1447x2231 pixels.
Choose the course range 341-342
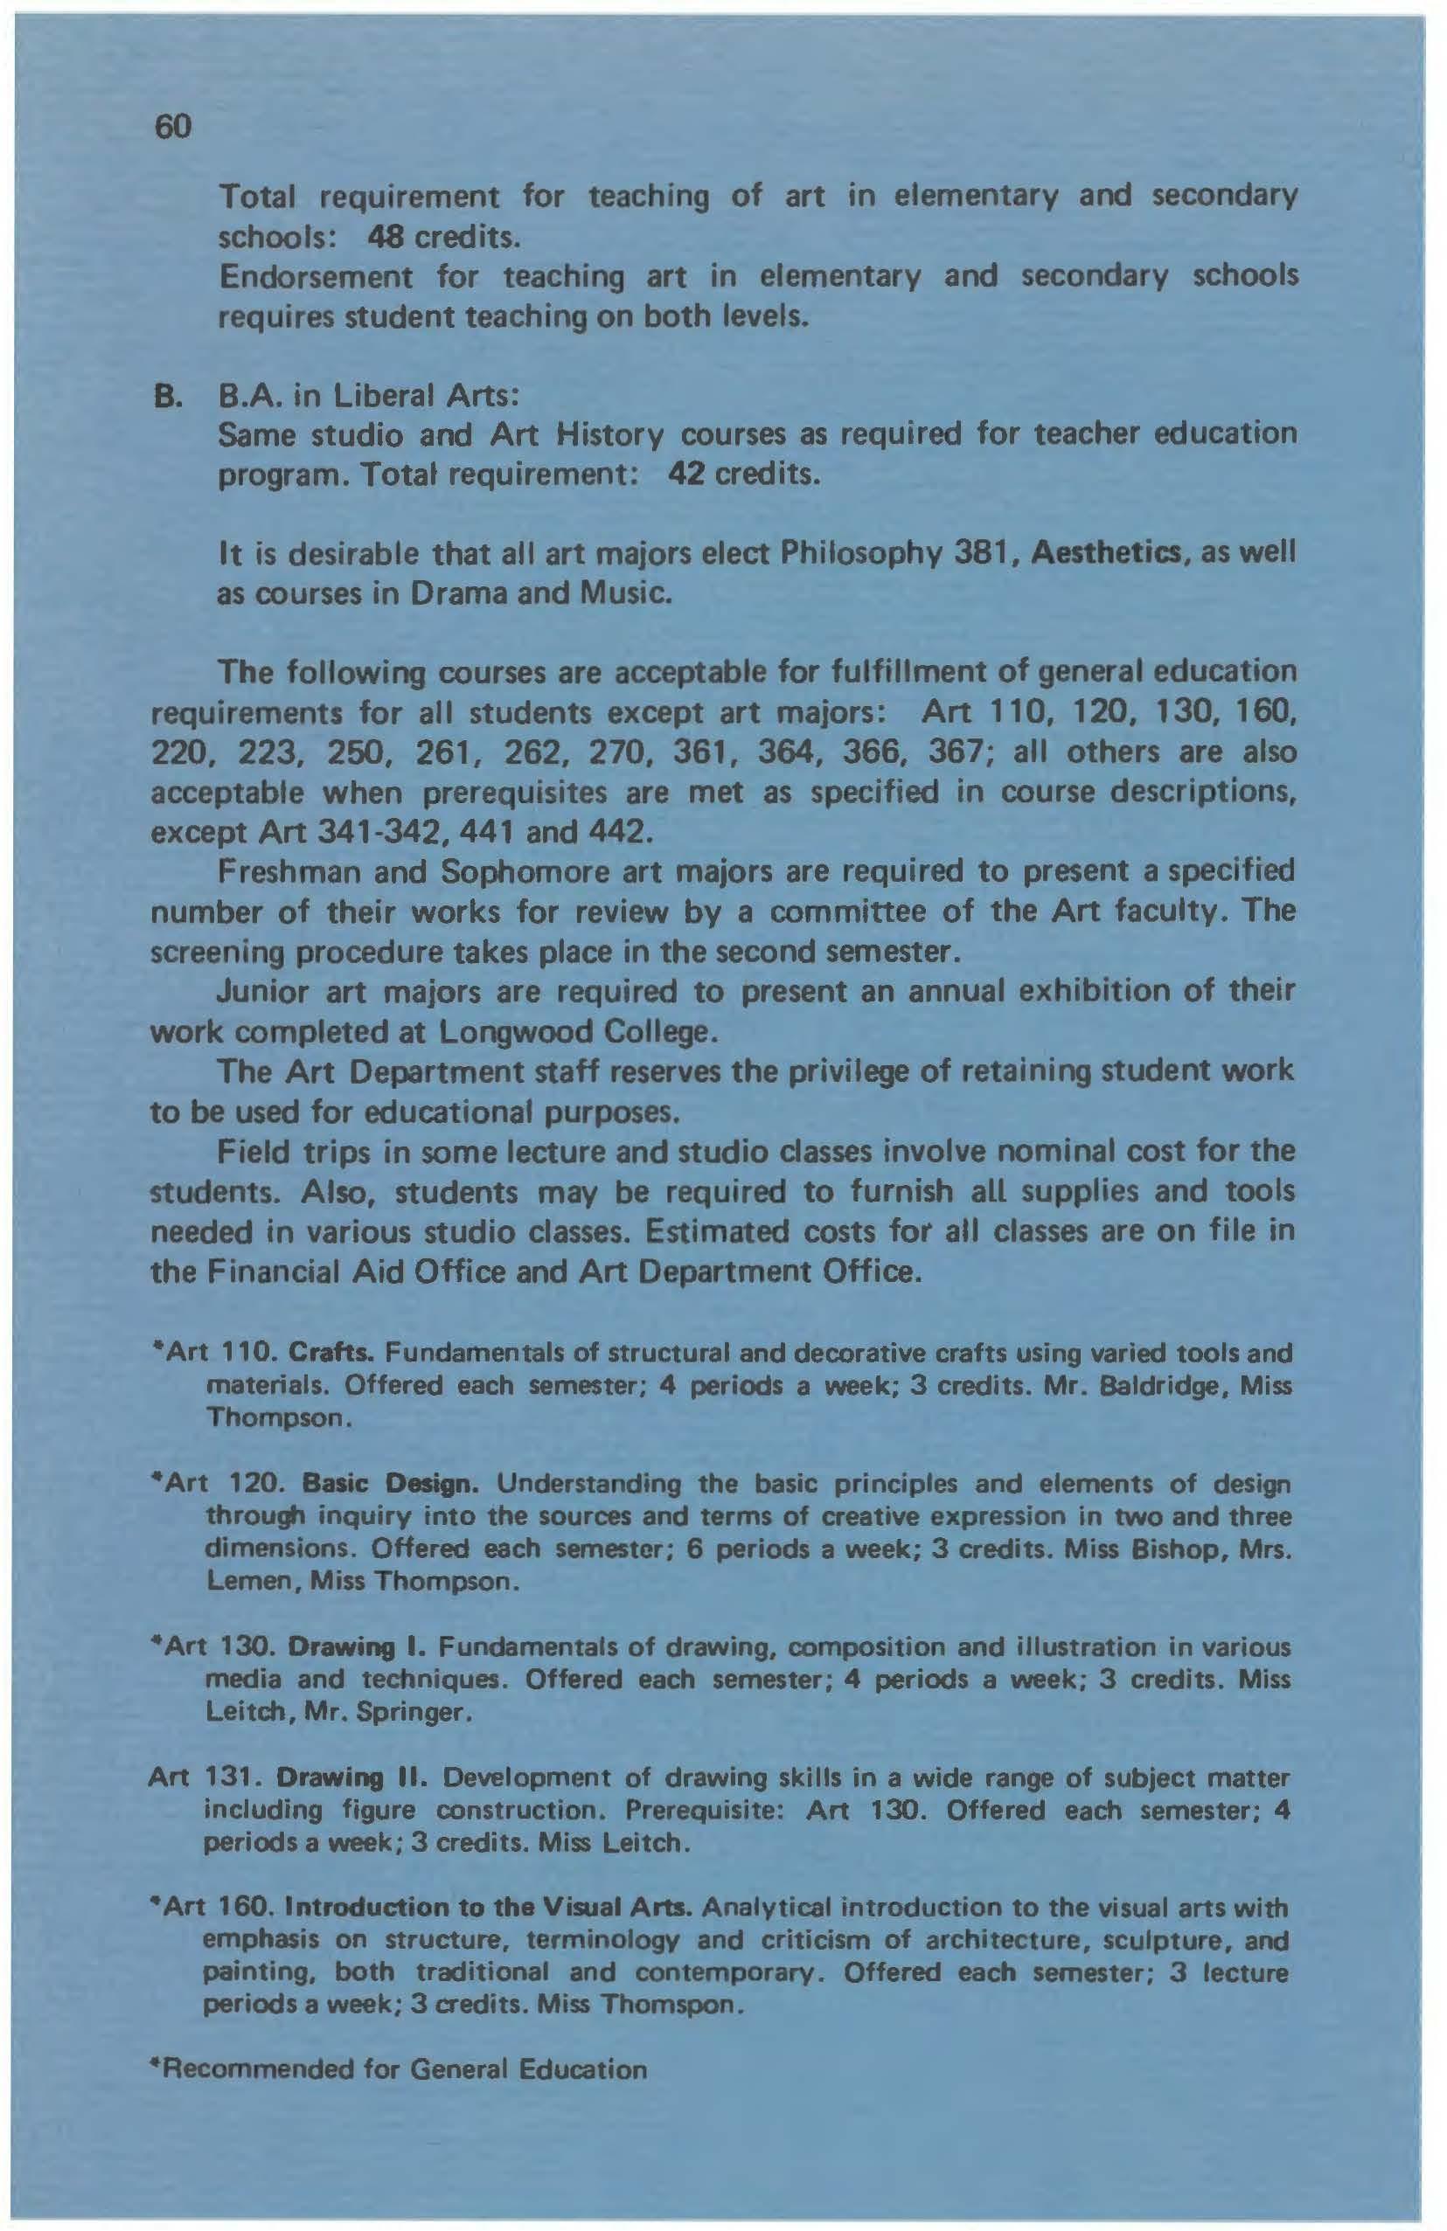click(348, 831)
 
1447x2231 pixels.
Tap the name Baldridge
click(1161, 1385)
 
